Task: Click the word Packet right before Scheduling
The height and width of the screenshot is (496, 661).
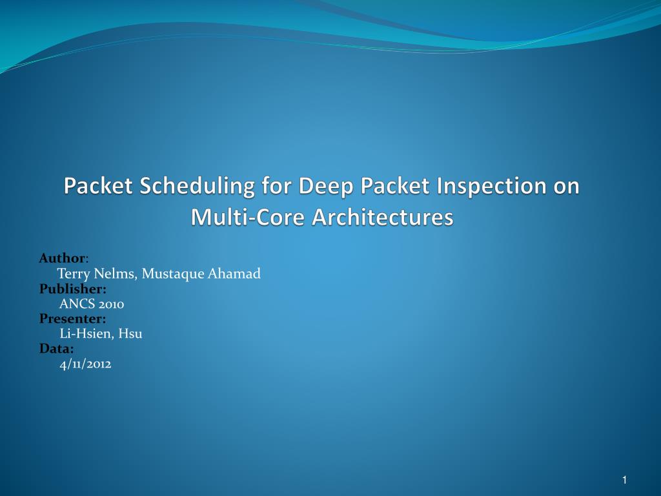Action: [98, 185]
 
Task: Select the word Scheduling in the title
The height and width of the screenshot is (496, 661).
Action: [197, 187]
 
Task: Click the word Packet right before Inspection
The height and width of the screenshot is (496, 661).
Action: [395, 185]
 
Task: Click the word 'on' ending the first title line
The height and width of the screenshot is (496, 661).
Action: [567, 188]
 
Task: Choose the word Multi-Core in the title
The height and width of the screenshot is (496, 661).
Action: [247, 217]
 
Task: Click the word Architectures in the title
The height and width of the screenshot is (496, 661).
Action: [383, 217]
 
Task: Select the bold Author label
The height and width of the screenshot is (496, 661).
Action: [62, 258]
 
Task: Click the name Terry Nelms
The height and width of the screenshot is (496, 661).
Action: [97, 274]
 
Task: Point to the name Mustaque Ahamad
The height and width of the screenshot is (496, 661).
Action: [201, 274]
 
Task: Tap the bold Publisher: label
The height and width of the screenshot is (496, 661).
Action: [72, 289]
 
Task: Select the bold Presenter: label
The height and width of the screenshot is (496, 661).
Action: [72, 319]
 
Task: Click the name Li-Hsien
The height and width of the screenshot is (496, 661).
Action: [87, 334]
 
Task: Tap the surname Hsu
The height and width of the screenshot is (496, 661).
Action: [130, 334]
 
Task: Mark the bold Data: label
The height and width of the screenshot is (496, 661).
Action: [57, 349]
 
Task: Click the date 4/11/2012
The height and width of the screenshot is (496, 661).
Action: [86, 364]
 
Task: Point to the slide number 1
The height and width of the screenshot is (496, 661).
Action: [624, 480]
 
